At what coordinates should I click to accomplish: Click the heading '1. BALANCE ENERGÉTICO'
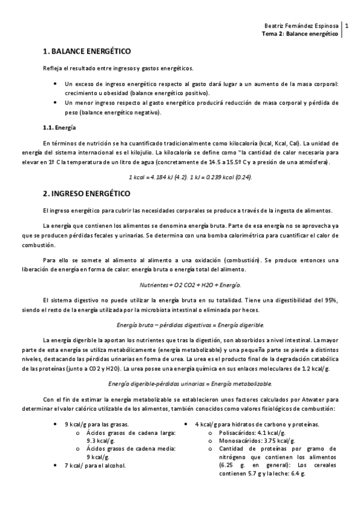87,52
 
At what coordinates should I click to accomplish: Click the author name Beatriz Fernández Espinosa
301,26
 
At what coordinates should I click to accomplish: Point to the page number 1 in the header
346,26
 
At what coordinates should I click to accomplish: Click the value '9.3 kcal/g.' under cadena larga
101,441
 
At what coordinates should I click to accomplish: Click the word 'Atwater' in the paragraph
308,399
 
